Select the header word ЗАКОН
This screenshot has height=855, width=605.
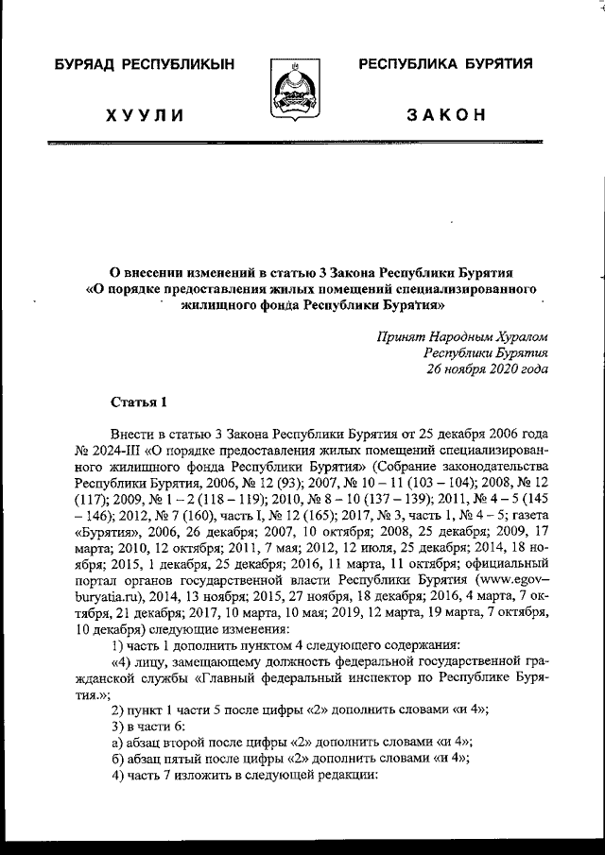tap(445, 115)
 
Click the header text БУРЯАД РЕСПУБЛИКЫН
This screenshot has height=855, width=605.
tap(144, 64)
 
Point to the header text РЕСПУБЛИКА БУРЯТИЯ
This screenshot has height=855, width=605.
tap(444, 64)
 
